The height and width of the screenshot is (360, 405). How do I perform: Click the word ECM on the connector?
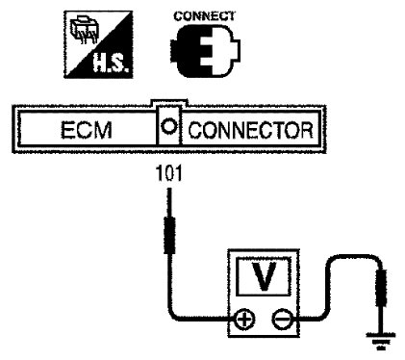click(x=87, y=130)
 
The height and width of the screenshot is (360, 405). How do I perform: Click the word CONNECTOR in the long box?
click(x=250, y=130)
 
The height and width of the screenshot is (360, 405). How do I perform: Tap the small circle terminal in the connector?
click(x=168, y=126)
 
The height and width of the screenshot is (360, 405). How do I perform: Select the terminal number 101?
click(x=168, y=173)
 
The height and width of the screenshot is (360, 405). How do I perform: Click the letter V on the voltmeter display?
click(x=264, y=276)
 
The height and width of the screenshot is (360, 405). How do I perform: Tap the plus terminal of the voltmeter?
click(x=245, y=320)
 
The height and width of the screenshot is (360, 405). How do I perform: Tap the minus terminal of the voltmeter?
click(x=282, y=320)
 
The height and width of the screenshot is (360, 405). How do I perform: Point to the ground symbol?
click(x=381, y=341)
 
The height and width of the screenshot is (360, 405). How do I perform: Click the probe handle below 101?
click(x=169, y=235)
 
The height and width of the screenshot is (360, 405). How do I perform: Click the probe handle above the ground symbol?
click(x=381, y=288)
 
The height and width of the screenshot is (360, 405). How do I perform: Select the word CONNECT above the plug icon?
click(x=204, y=16)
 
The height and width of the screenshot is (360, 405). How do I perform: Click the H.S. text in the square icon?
click(x=112, y=64)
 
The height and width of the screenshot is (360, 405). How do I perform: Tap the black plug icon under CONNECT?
click(x=205, y=50)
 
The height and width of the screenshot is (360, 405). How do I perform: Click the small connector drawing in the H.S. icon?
click(x=83, y=30)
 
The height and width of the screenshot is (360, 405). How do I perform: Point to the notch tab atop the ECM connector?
click(x=169, y=103)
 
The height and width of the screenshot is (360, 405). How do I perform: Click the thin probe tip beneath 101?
click(x=169, y=203)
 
